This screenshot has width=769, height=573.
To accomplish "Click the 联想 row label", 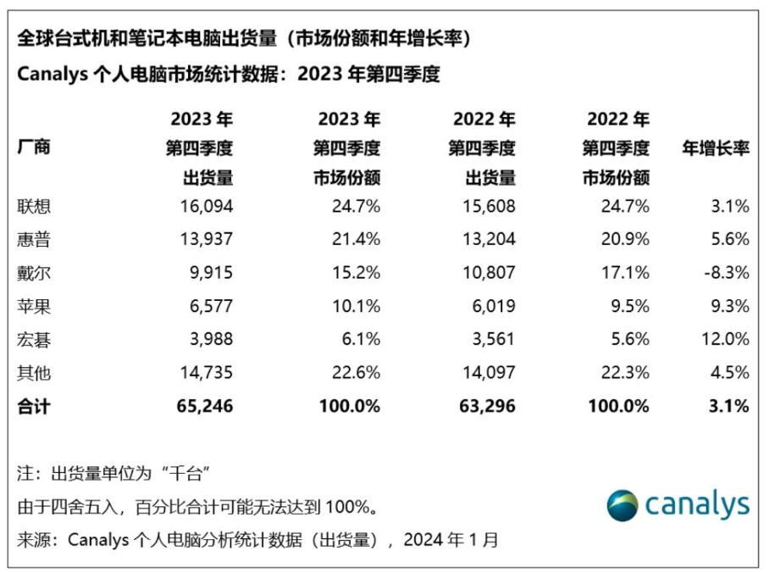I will tap(34, 206).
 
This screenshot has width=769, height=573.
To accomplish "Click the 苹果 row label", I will tap(34, 306).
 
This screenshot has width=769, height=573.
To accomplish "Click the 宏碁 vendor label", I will tap(34, 339).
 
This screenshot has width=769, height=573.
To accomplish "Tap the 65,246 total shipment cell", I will tap(203, 407).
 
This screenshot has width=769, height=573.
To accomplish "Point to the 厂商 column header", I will tap(34, 147).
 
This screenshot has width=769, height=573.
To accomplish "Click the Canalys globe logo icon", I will tap(622, 505).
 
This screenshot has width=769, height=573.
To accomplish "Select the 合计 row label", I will tap(34, 407).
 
